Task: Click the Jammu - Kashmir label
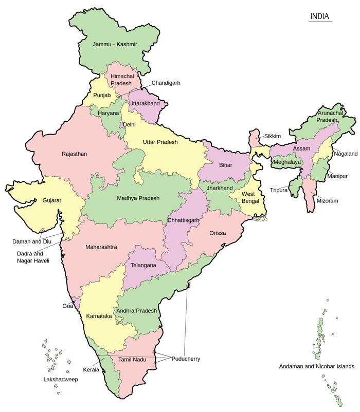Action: (115, 45)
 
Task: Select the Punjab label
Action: (102, 95)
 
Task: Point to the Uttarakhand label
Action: (145, 104)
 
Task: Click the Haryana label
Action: (109, 113)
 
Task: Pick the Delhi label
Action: (130, 125)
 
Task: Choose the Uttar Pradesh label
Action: (160, 142)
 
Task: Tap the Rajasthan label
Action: (75, 154)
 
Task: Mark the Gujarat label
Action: (52, 200)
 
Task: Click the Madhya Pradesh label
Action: (138, 198)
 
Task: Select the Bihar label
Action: (226, 165)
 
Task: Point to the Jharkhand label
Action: (220, 189)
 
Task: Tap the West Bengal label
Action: (248, 197)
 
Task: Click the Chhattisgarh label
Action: (184, 220)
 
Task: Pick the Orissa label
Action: (218, 233)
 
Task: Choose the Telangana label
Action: (143, 266)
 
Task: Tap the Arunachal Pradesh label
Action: (328, 116)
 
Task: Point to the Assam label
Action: (301, 148)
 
